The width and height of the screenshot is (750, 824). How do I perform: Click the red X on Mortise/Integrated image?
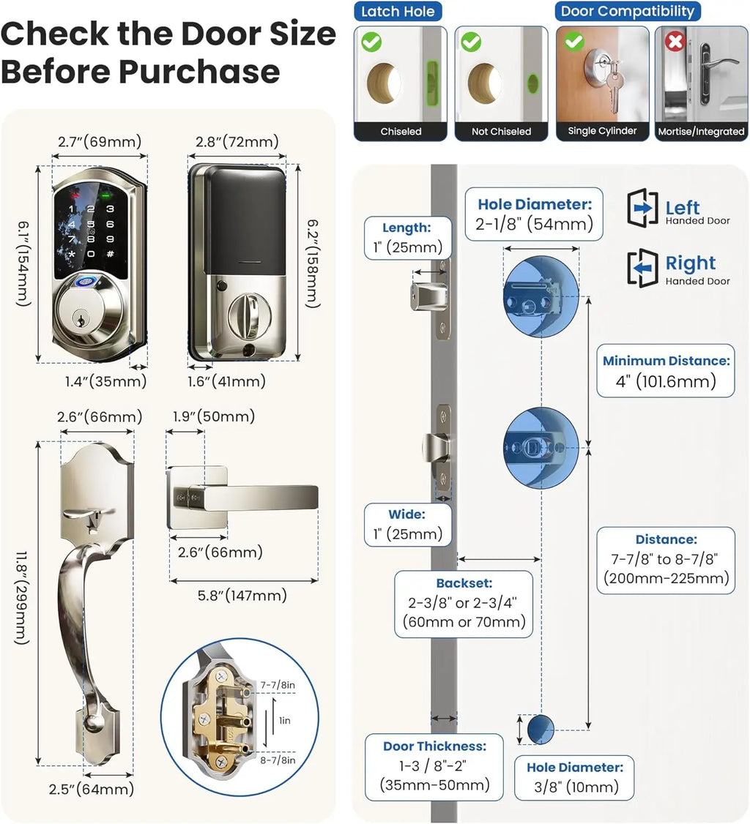pos(674,42)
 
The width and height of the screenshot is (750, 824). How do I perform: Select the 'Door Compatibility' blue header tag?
pos(627,11)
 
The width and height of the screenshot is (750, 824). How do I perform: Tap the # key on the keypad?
pos(110,254)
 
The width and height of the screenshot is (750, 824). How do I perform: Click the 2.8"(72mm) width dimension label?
pos(237,141)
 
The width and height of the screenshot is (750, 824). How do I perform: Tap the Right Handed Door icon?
pos(643,269)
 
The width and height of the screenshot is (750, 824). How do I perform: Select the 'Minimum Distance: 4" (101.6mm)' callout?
pos(666,370)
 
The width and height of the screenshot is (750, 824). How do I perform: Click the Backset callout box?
pos(464,603)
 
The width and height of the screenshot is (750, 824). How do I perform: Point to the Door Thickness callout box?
pos(434,766)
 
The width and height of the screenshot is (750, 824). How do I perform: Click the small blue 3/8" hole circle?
pos(541,727)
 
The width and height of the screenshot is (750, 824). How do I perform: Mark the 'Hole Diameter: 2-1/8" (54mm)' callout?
pos(535,214)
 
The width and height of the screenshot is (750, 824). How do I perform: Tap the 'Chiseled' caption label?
pos(401,132)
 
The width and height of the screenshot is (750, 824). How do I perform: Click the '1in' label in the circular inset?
pos(285,721)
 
